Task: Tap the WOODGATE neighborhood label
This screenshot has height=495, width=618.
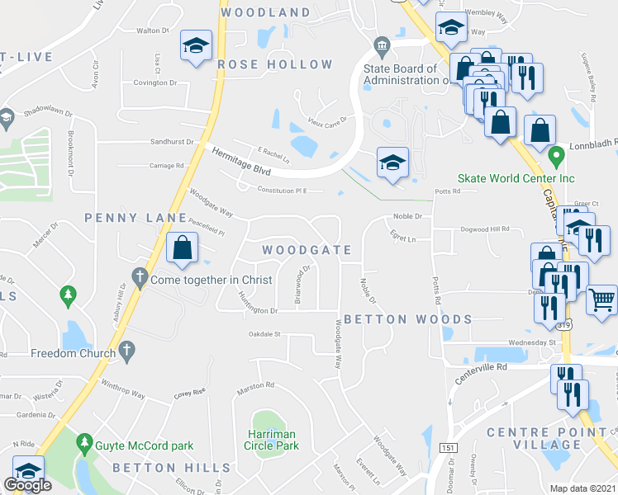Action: (x=307, y=250)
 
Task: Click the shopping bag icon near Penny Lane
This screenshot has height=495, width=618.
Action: (x=181, y=247)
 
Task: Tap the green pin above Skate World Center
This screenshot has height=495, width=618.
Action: (x=556, y=154)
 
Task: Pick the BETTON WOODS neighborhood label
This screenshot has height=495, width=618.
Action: (x=407, y=319)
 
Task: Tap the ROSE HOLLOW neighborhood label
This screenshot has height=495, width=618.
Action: (x=275, y=64)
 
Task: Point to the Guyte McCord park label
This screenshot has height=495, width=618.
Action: (x=146, y=445)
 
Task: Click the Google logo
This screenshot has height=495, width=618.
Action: (x=27, y=485)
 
